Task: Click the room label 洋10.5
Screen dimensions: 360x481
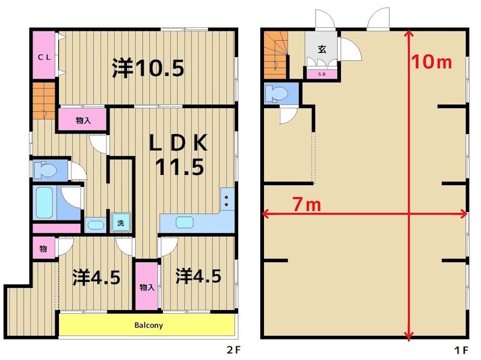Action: (x=148, y=69)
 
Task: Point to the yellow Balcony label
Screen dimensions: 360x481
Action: (x=148, y=325)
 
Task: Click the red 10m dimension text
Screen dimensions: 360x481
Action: (x=432, y=62)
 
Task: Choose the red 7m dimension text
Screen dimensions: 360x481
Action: (x=306, y=204)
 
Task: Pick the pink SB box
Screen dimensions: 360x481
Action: (x=322, y=75)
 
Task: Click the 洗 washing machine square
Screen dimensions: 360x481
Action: (x=120, y=223)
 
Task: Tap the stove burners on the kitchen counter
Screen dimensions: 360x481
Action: (x=227, y=200)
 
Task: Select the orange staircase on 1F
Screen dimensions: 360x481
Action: (x=276, y=55)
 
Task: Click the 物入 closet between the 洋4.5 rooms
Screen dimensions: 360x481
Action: (x=147, y=287)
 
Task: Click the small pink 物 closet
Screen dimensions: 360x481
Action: (x=44, y=249)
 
